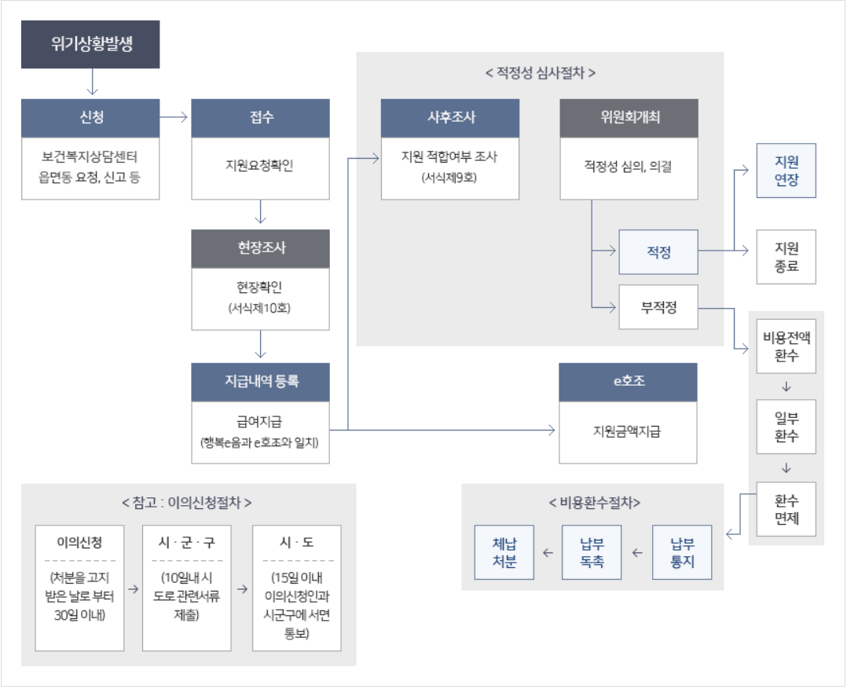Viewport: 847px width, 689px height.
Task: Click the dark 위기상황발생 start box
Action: [90, 44]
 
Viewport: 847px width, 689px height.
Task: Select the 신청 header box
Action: [90, 118]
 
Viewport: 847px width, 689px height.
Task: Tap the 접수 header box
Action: [260, 118]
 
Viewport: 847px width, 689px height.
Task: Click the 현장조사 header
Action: [260, 248]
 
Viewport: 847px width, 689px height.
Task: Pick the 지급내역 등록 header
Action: [260, 382]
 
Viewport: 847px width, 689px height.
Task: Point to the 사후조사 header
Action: [449, 118]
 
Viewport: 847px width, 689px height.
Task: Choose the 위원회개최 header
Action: [629, 118]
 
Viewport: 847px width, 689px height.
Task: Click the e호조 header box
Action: [628, 382]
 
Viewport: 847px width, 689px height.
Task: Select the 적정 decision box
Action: [658, 252]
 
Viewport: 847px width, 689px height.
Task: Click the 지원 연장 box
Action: [786, 170]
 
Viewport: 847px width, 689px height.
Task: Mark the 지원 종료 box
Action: [786, 257]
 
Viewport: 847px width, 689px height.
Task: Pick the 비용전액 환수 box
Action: [786, 346]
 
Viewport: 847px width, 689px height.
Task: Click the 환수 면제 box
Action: [786, 509]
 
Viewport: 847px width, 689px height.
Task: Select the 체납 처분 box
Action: [504, 552]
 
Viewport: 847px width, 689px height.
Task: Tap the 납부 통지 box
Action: [682, 552]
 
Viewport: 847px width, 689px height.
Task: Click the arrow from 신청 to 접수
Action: [174, 118]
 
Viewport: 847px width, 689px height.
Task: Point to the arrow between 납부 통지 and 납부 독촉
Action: [637, 553]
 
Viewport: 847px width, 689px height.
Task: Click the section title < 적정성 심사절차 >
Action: [540, 74]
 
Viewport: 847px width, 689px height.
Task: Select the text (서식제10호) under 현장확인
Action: [260, 309]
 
